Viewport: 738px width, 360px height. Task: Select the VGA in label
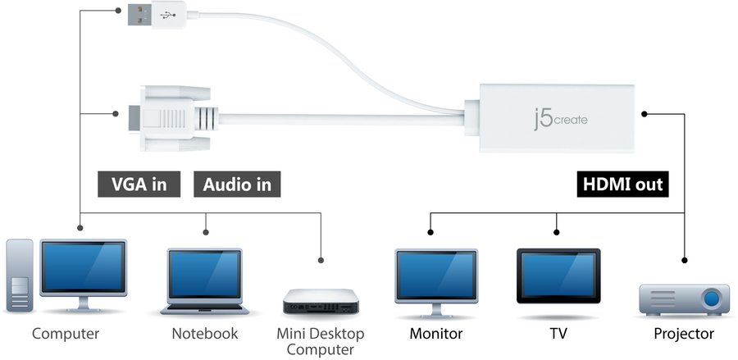coord(138,184)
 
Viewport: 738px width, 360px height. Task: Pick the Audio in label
coord(238,184)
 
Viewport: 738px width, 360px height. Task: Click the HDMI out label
coord(622,184)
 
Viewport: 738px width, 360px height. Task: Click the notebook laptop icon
coord(204,280)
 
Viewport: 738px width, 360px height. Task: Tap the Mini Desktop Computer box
coord(321,302)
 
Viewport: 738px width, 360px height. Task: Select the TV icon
coord(558,276)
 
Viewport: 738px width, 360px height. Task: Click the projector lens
coord(713,297)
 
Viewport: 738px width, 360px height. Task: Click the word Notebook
coord(204,334)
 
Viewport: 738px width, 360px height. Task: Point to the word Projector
coord(683,335)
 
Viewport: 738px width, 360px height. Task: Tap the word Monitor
coord(435,335)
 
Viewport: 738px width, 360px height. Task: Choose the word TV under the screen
coord(558,335)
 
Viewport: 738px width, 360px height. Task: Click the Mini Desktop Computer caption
coord(321,342)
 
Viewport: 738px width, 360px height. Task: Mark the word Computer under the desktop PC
coord(66,334)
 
